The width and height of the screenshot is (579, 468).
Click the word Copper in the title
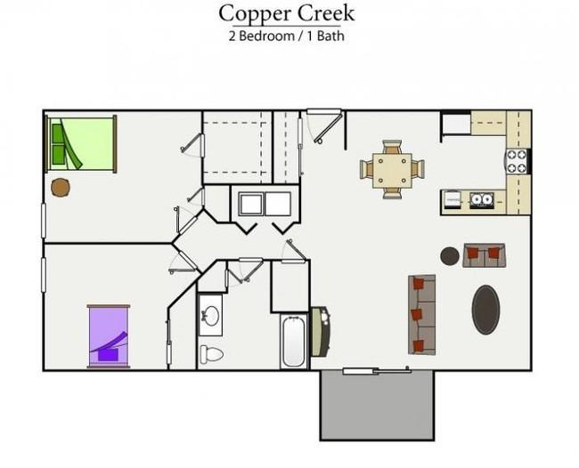[x=256, y=14]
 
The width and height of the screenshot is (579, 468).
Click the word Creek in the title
[x=326, y=13]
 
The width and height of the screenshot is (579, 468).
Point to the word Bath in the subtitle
[x=330, y=36]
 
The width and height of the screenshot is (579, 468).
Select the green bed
[x=81, y=144]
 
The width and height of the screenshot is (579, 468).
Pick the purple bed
[x=109, y=336]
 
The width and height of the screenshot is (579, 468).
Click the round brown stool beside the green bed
[x=61, y=188]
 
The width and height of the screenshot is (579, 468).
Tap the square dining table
[x=392, y=171]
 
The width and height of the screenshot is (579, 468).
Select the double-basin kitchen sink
[x=482, y=199]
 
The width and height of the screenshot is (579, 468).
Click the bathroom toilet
[x=211, y=354]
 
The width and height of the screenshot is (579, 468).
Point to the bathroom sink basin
[x=211, y=316]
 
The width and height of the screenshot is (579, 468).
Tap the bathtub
[x=294, y=342]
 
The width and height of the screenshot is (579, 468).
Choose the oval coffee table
[x=486, y=310]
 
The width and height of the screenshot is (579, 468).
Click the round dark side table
[x=450, y=256]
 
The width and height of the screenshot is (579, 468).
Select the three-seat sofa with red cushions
[x=421, y=315]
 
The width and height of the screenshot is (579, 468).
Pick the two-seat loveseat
[x=484, y=255]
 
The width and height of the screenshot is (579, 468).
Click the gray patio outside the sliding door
[x=377, y=406]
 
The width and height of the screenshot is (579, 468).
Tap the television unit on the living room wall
[x=320, y=331]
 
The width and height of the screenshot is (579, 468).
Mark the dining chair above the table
[x=392, y=147]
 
